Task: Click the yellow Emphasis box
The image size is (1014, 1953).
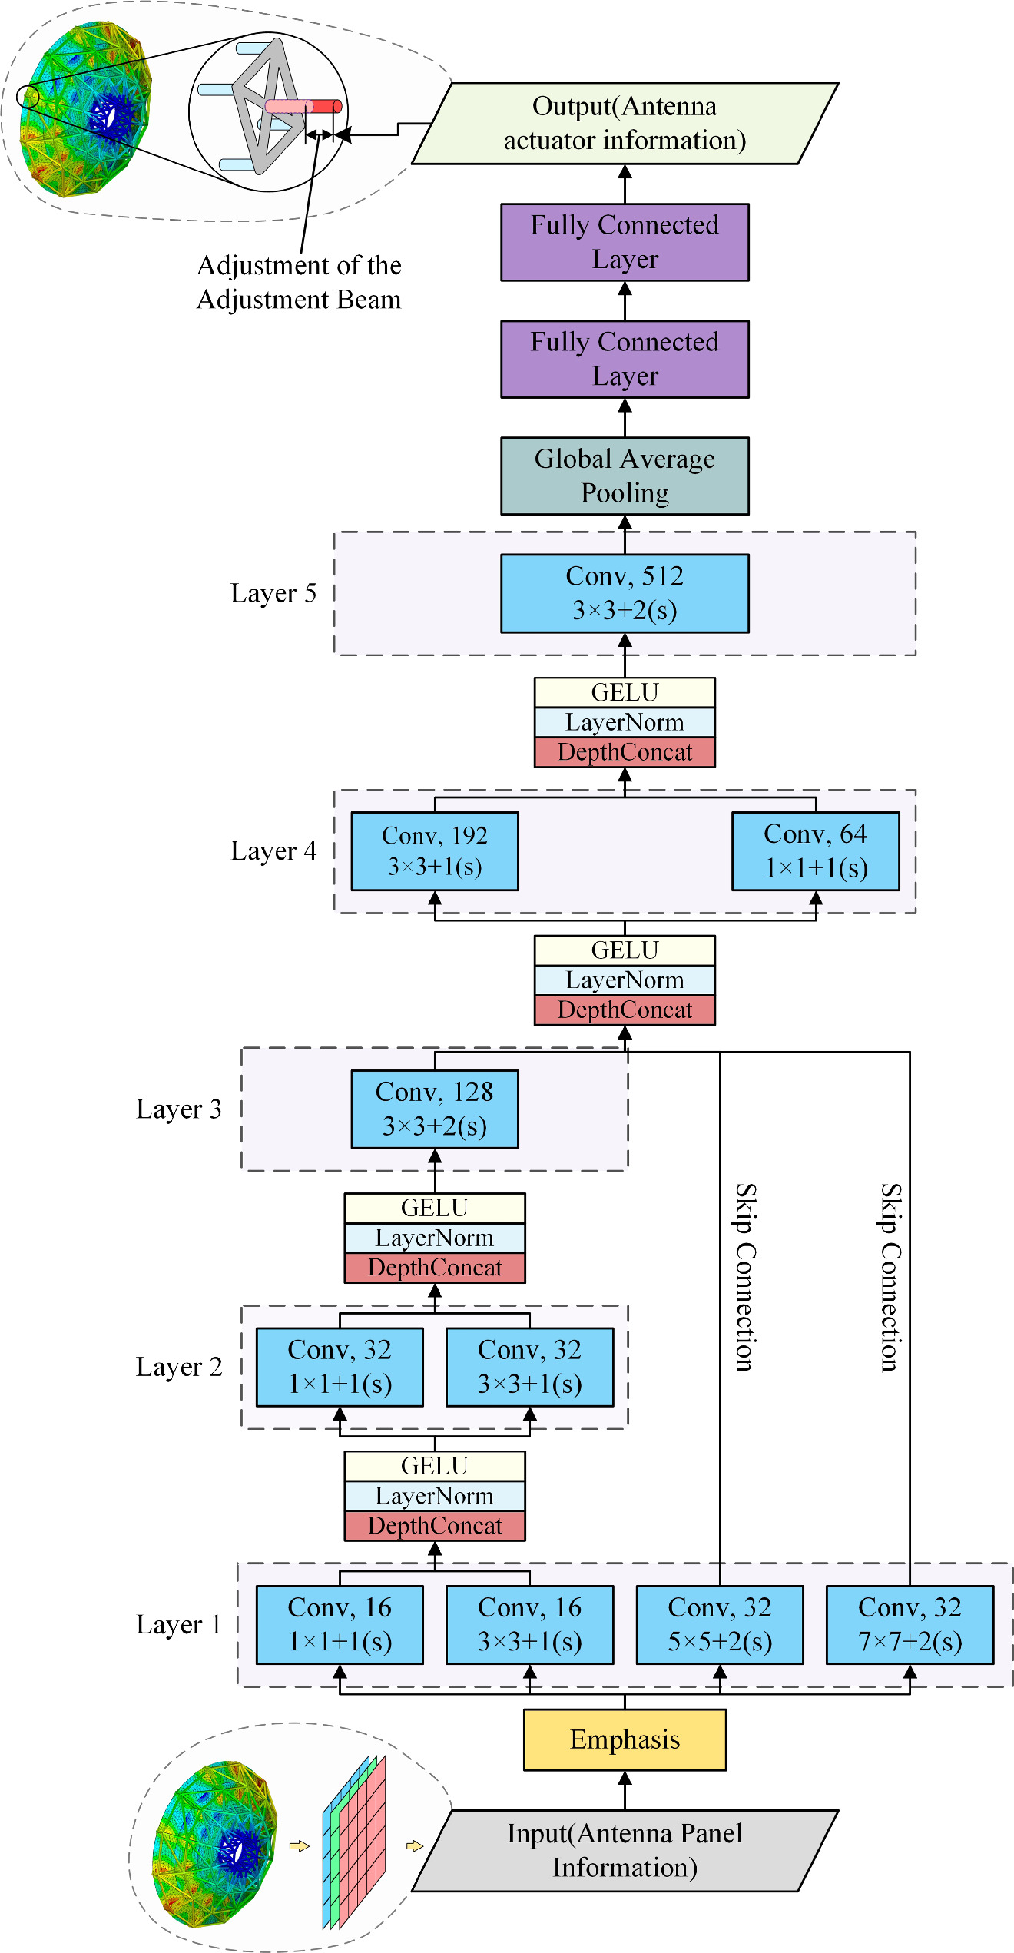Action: click(625, 1739)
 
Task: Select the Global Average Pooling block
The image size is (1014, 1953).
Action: click(625, 476)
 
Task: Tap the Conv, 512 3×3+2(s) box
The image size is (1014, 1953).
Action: click(625, 593)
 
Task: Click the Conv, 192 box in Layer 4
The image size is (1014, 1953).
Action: click(435, 851)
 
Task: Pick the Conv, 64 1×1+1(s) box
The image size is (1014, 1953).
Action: click(815, 851)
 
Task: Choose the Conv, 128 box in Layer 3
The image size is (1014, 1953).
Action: click(435, 1109)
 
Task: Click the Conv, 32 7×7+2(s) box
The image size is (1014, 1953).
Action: click(910, 1624)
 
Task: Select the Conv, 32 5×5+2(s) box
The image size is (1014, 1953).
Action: click(720, 1624)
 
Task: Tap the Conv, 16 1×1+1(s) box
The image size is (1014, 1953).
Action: click(340, 1624)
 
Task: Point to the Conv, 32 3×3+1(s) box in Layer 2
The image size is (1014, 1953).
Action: click(529, 1367)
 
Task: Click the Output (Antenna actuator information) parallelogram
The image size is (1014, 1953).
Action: click(625, 123)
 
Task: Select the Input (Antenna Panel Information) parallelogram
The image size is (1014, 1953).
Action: click(625, 1850)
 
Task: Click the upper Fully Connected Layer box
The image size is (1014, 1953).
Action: click(625, 242)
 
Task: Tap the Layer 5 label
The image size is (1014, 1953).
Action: click(273, 593)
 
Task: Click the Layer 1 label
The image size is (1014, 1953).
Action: click(178, 1624)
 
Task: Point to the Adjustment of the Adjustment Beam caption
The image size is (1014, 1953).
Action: click(299, 282)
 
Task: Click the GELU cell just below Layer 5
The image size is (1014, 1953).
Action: click(625, 692)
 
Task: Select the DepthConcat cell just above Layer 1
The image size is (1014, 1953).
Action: click(435, 1525)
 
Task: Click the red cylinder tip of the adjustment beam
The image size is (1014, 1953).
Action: click(327, 106)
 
